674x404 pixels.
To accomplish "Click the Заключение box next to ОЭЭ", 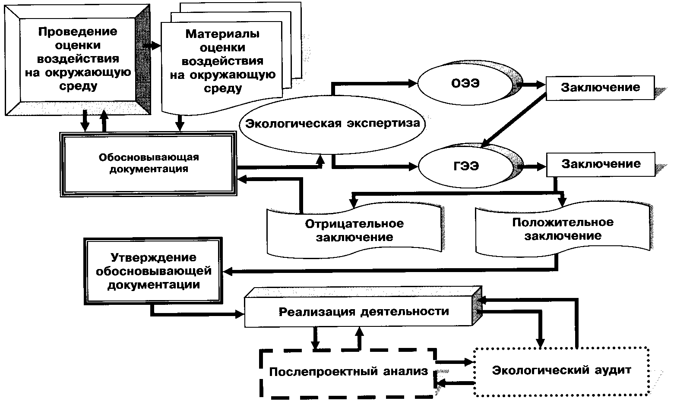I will [600, 88].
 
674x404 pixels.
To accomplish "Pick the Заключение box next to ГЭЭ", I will [601, 164].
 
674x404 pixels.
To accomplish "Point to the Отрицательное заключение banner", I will [354, 230].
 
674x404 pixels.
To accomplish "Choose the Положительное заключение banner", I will [563, 229].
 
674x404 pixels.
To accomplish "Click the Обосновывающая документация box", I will [148, 163].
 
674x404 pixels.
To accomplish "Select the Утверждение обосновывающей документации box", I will [154, 271].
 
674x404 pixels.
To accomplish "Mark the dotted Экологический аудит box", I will [562, 370].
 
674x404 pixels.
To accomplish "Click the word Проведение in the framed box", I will [78, 31].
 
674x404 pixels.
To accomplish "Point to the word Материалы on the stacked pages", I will [222, 34].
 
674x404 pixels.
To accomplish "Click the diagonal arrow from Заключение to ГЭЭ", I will [514, 121].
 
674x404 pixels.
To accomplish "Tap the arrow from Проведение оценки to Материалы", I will [152, 45].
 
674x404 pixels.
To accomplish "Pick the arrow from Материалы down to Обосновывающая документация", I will [180, 122].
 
